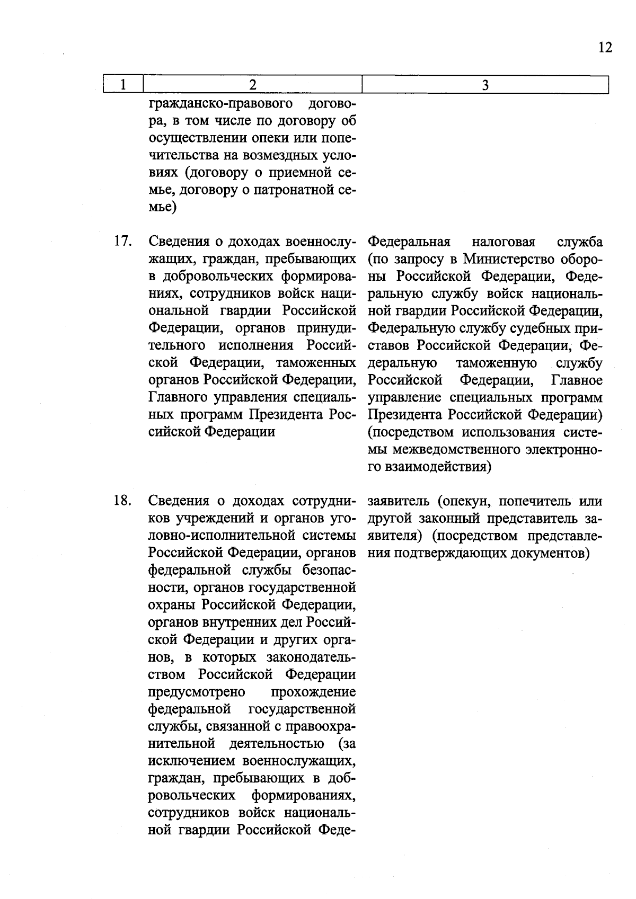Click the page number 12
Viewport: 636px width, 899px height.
[605, 48]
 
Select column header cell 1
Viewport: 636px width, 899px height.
[123, 85]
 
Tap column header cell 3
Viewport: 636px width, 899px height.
[484, 85]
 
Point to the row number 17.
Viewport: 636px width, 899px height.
[122, 242]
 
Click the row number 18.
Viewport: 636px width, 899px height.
[122, 500]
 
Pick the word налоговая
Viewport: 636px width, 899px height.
[503, 242]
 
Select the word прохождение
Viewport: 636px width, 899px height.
[313, 692]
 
